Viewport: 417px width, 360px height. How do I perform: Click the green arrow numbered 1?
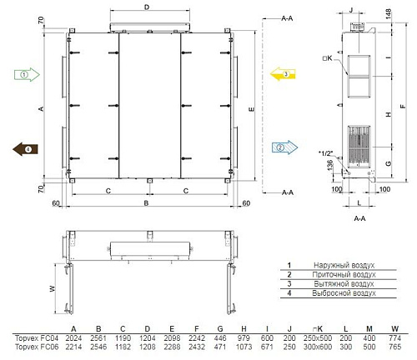click(27, 75)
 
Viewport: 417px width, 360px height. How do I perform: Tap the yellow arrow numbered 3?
click(283, 74)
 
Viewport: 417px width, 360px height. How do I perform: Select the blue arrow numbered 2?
click(284, 147)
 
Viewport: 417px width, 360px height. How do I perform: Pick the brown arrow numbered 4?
click(25, 149)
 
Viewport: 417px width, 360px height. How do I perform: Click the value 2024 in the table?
click(73, 338)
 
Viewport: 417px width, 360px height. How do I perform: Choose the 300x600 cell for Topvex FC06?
click(318, 347)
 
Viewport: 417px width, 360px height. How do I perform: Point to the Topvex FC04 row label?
click(37, 338)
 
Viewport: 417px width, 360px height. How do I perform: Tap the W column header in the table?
click(394, 329)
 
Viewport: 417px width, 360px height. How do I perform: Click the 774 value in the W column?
click(394, 338)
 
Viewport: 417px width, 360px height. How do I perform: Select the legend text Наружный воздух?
click(344, 265)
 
